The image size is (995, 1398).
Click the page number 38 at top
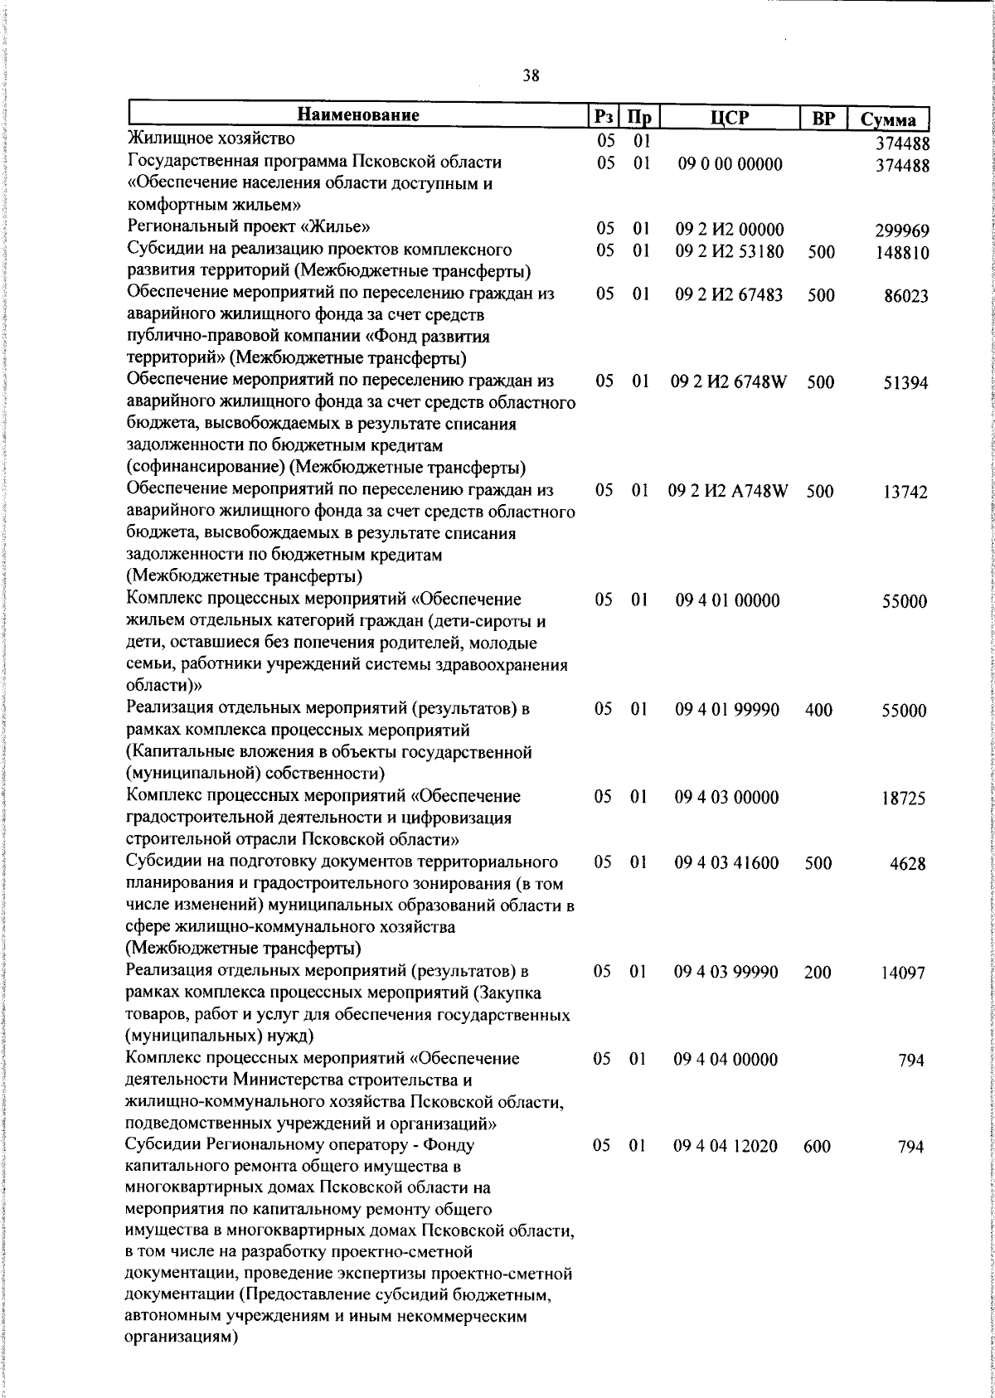click(x=531, y=75)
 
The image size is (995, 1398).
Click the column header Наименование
click(x=358, y=115)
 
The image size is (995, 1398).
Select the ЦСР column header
click(x=730, y=117)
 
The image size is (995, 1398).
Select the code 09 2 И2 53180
click(x=730, y=250)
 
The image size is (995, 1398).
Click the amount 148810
click(x=902, y=253)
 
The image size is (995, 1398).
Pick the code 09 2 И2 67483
click(x=730, y=294)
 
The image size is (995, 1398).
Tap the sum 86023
click(x=905, y=297)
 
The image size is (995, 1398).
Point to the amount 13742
click(x=905, y=493)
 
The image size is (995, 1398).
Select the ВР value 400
click(x=818, y=710)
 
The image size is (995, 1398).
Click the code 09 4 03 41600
click(x=727, y=863)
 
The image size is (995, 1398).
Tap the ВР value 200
click(x=818, y=973)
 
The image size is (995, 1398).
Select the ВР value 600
click(x=818, y=1147)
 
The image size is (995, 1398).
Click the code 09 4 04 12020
click(x=726, y=1147)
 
